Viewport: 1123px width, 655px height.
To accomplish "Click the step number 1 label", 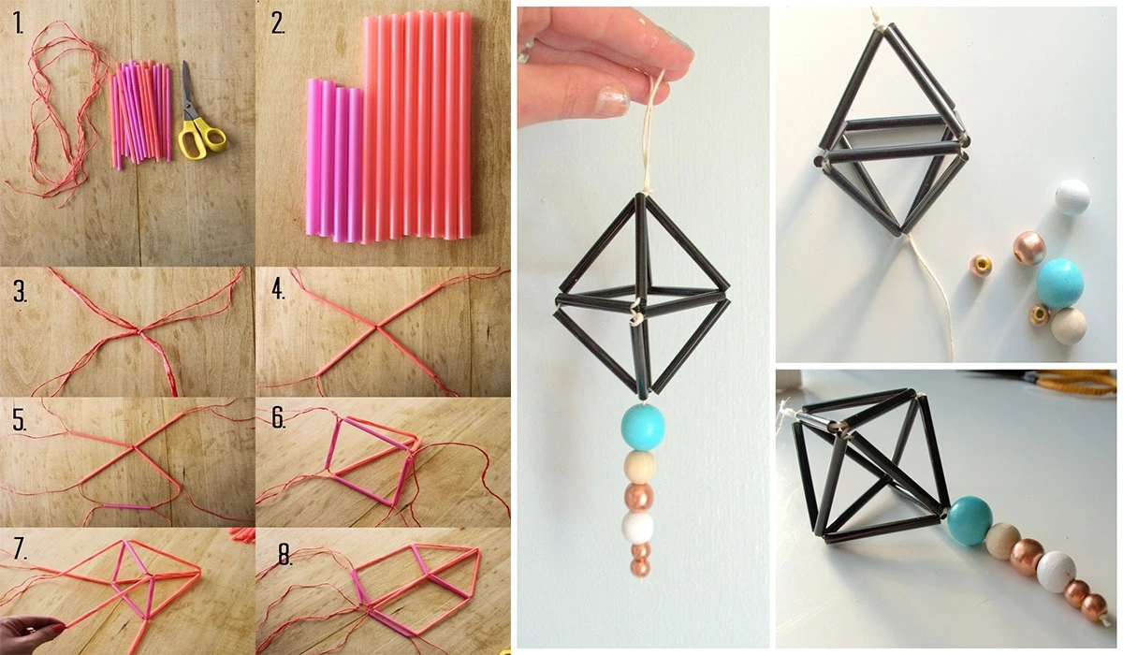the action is pos(19,23).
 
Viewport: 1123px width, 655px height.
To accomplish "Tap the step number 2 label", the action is pos(278,23).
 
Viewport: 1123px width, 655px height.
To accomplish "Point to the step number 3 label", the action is pos(20,292).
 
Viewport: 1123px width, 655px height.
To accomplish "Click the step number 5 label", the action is pos(19,420).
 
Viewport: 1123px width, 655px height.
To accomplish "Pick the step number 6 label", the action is pos(279,418).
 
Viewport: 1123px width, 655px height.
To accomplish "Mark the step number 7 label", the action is pos(20,549).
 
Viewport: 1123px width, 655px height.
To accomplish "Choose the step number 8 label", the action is pos(284,555).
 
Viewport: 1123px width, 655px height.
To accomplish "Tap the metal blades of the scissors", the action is pos(187,90).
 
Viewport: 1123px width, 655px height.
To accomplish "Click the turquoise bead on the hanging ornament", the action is pos(643,428).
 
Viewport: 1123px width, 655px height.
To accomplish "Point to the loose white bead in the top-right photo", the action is pos(1072,196).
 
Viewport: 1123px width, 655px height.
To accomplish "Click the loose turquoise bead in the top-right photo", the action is pos(1059,284).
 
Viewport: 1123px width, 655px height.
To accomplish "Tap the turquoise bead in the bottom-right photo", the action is pos(970,520).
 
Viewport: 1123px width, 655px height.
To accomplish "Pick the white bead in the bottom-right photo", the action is pos(1056,572).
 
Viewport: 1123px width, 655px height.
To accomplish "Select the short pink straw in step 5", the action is pos(128,507).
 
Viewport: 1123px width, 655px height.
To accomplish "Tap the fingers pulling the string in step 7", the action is pos(29,634).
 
